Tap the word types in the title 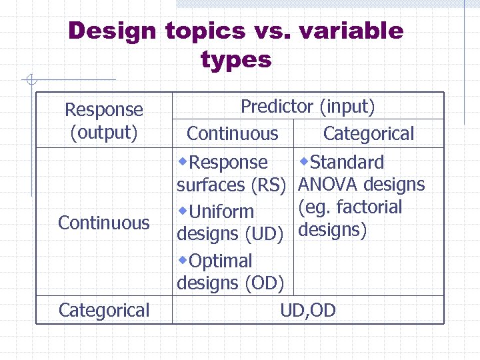tap(236, 61)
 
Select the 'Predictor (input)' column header tap(308, 106)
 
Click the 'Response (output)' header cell tap(104, 121)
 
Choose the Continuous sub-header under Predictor tap(232, 133)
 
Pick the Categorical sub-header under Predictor tap(369, 133)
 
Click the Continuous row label tap(104, 222)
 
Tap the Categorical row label tap(104, 310)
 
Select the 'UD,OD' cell tap(308, 310)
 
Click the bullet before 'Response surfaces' tap(183, 161)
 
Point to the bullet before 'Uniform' tap(183, 210)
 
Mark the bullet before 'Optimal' tap(183, 259)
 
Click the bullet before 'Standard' tap(304, 161)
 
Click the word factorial tap(369, 207)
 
